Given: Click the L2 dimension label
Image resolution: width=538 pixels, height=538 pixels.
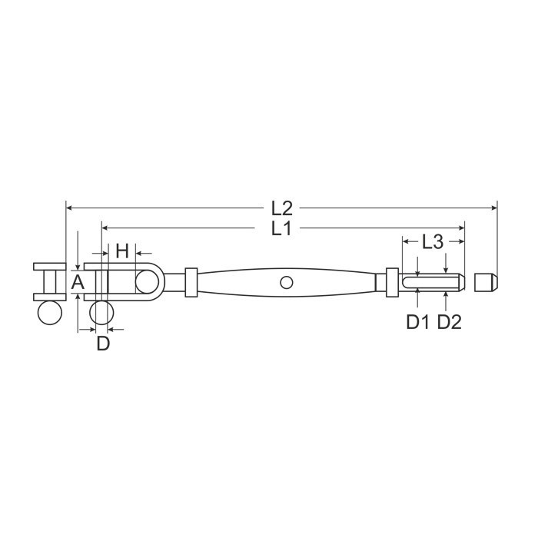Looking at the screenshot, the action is coord(282,208).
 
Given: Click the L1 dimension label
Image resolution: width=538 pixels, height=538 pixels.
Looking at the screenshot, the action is coord(281,228).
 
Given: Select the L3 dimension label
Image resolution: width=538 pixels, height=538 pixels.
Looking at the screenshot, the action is coord(433,242).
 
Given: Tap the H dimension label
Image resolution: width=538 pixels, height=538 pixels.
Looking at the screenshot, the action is coord(122,251).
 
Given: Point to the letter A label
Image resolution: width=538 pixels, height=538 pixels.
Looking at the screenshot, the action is coord(78,282).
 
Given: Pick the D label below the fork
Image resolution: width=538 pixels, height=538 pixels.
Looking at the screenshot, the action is coord(103,343).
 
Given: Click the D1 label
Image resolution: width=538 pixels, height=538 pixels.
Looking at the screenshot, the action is coord(417,322).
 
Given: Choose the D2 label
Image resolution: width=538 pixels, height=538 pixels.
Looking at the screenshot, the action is coord(450,322).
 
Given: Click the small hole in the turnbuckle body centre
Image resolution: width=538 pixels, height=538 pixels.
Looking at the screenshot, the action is coord(287,283).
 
